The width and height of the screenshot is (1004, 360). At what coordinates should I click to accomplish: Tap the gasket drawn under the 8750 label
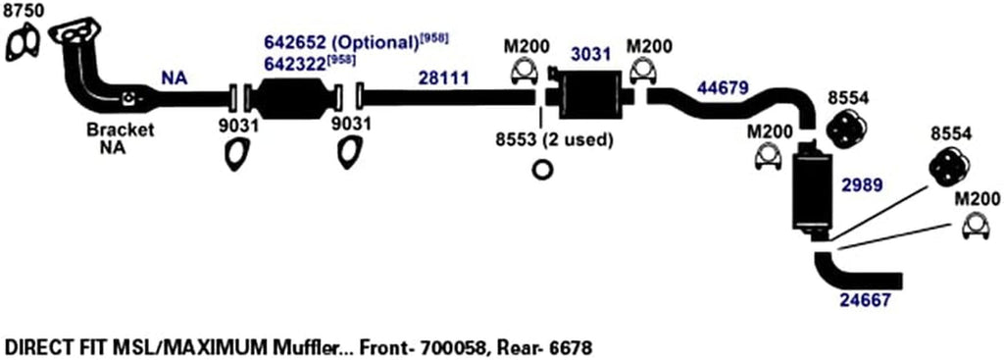[22, 45]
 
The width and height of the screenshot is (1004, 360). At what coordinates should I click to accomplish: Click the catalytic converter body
[292, 98]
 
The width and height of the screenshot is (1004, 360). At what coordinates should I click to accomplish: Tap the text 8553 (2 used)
[554, 139]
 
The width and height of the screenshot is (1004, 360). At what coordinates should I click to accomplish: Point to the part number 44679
[723, 87]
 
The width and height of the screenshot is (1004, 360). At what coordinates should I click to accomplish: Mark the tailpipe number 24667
[866, 301]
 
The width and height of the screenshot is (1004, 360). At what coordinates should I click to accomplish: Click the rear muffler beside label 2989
[810, 191]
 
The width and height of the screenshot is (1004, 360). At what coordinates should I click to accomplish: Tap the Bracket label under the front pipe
[120, 129]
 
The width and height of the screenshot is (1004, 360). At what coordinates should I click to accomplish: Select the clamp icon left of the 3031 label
[525, 73]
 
